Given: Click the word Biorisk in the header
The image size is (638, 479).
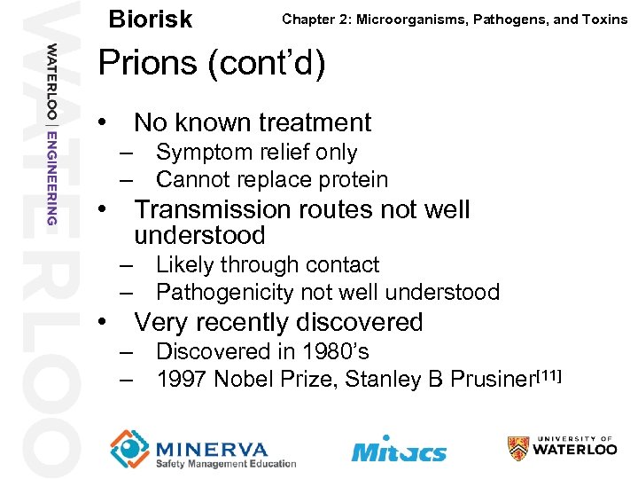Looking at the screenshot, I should pyautogui.click(x=150, y=20).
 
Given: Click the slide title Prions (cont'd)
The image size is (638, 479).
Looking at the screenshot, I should pyautogui.click(x=211, y=63).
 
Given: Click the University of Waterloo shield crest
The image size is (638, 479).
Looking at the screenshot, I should pyautogui.click(x=518, y=448).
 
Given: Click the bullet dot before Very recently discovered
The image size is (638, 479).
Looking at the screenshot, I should pyautogui.click(x=105, y=321).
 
